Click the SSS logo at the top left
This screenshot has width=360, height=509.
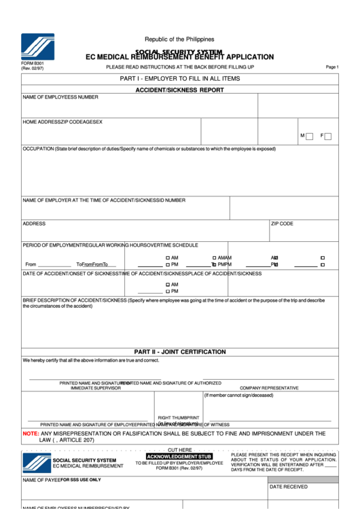click(x=37, y=47)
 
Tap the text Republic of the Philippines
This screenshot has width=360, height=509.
click(x=179, y=39)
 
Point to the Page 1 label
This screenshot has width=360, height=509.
click(x=332, y=67)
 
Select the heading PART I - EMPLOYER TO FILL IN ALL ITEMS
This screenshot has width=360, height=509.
click(x=179, y=79)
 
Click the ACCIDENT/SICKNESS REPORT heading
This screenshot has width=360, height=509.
click(x=179, y=90)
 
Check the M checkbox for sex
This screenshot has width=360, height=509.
click(x=309, y=137)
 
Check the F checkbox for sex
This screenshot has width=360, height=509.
click(x=328, y=137)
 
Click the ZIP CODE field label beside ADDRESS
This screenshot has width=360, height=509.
click(x=282, y=224)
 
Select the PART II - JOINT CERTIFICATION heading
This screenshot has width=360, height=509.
click(x=179, y=352)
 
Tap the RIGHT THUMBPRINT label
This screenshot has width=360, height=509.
click(x=179, y=418)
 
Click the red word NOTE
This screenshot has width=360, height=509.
click(x=31, y=433)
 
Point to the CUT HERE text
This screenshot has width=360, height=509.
click(x=180, y=450)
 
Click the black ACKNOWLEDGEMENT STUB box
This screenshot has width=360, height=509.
click(x=179, y=456)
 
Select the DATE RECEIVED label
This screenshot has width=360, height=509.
click(x=289, y=487)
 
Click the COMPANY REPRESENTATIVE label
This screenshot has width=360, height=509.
click(x=269, y=388)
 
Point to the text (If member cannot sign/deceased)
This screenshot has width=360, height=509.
click(x=238, y=395)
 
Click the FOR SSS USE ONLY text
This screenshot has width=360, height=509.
click(x=81, y=480)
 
